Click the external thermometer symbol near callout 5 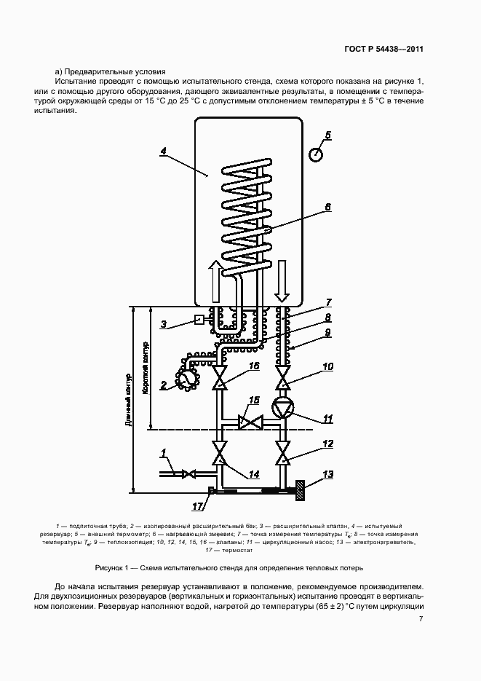[315, 154]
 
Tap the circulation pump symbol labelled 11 [282, 408]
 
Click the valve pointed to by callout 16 [220, 377]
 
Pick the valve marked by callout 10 [284, 377]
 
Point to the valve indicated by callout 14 [220, 452]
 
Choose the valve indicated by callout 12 [284, 452]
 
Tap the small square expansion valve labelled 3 [199, 320]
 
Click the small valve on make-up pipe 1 [188, 474]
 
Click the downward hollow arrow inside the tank [282, 280]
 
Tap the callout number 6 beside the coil [327, 208]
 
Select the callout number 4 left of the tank [163, 151]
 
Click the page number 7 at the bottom [421, 619]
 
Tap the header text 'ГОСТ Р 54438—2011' [383, 49]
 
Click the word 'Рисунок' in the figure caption [107, 567]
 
